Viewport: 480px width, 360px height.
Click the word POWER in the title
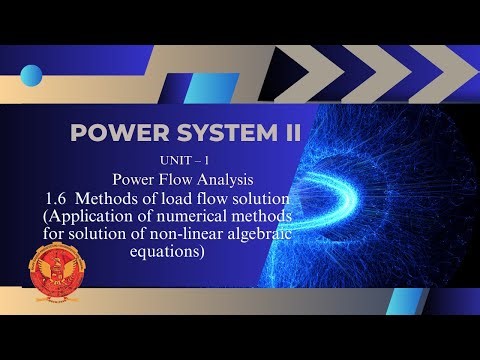[109, 134]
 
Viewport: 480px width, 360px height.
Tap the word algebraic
[284, 234]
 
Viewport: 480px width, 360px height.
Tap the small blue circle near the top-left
[32, 75]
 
